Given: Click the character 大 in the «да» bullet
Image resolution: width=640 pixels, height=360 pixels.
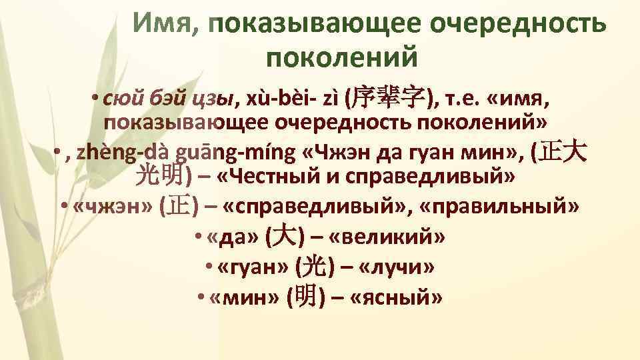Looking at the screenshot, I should [280, 237].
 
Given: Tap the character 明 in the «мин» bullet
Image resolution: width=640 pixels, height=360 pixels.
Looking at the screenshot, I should [307, 297].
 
